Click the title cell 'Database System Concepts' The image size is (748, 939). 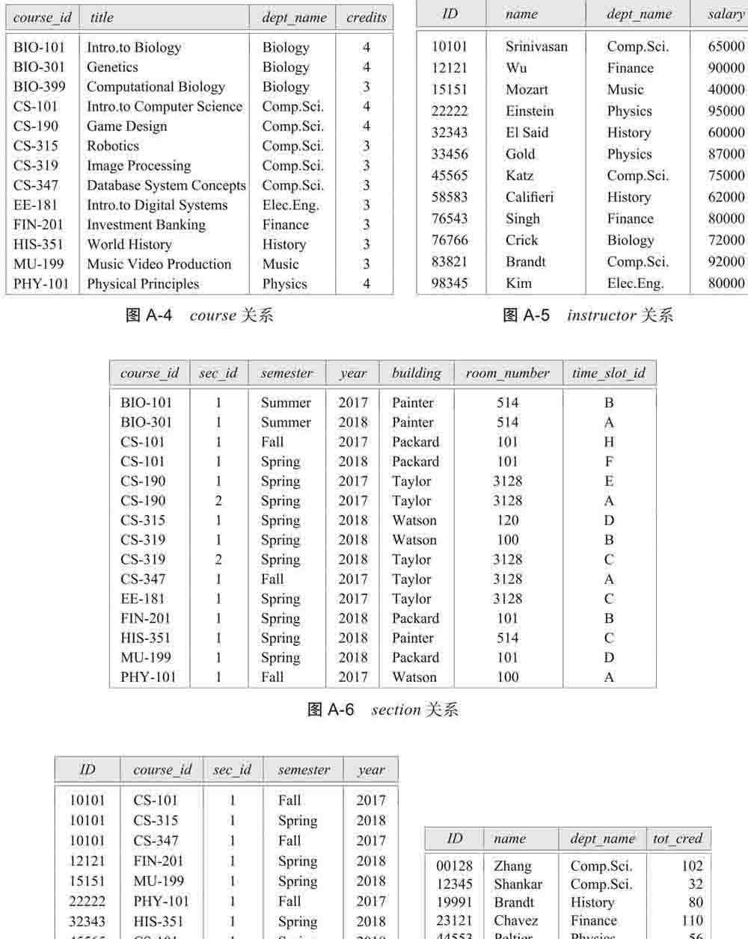tap(166, 185)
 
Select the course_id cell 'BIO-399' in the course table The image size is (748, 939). tap(39, 87)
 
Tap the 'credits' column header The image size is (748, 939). tap(367, 17)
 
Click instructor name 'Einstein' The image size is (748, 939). tap(530, 111)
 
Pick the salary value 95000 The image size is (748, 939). tap(726, 111)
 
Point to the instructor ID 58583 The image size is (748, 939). tap(450, 197)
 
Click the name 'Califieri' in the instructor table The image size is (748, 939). tap(530, 197)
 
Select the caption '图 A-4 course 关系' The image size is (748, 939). tap(199, 315)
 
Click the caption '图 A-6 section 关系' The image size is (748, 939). tap(382, 709)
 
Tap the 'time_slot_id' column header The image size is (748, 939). tap(609, 373)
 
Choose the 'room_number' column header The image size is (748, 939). tap(507, 373)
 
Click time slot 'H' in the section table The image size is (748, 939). tap(609, 442)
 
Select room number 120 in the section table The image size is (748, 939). tap(507, 520)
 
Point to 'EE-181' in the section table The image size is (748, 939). tap(144, 599)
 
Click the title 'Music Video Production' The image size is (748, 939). tap(159, 264)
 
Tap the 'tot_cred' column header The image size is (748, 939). tap(677, 838)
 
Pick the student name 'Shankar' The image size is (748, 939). tap(518, 884)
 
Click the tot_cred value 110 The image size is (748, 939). tap(692, 920)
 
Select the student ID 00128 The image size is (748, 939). tap(455, 866)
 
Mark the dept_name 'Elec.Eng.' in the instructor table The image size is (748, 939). tap(635, 283)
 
